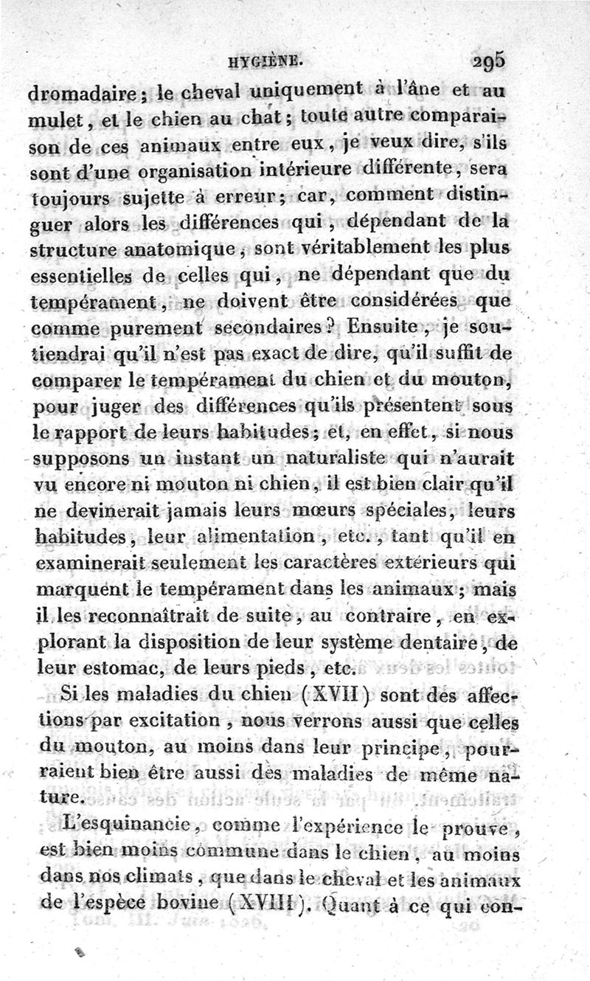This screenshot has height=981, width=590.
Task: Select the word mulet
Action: coord(60,121)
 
